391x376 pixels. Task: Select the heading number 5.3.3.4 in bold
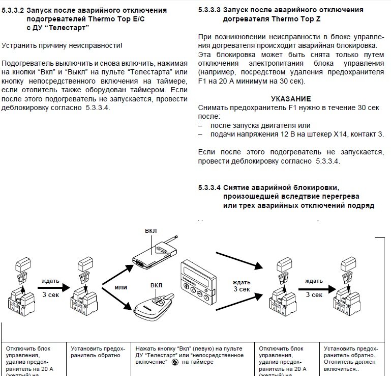click(x=209, y=187)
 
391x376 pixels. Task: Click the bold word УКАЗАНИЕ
click(x=291, y=99)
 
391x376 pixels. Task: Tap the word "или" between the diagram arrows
click(x=121, y=287)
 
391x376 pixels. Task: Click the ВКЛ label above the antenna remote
click(x=151, y=230)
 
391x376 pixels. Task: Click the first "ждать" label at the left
click(x=50, y=280)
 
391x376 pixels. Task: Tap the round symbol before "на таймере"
click(x=175, y=362)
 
